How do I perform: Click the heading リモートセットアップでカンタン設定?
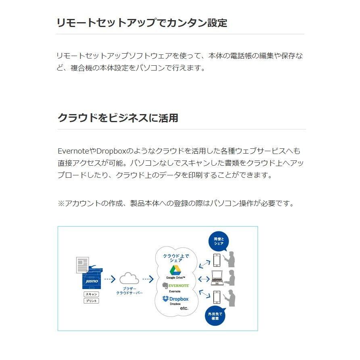tap(142, 23)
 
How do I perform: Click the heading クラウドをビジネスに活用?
tap(118, 118)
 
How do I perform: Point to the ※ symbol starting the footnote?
tap(61, 203)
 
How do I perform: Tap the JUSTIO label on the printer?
tap(89, 279)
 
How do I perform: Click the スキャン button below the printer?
tap(92, 294)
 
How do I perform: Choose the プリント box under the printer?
tap(92, 301)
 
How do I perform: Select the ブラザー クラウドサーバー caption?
tap(129, 291)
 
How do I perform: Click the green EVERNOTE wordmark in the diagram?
tap(179, 285)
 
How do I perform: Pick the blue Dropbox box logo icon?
tap(165, 299)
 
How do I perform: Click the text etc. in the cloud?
tap(184, 308)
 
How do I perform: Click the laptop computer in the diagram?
tap(217, 278)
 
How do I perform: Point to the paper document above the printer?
tap(83, 265)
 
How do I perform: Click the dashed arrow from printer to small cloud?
tap(110, 279)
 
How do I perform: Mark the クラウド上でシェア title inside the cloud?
tap(175, 258)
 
